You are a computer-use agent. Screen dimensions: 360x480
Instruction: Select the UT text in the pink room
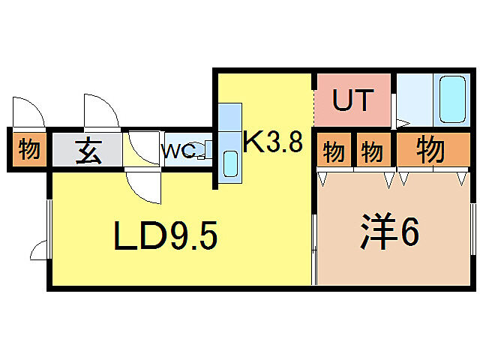pos(352,100)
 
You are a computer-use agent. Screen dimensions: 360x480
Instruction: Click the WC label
pos(179,151)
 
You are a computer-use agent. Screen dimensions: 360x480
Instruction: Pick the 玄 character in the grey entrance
pos(88,151)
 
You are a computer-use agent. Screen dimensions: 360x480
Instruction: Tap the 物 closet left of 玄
pos(29,148)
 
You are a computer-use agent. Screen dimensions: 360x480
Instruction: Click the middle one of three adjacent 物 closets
pos(370,151)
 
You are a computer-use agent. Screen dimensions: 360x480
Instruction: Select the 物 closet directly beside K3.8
pos(333,151)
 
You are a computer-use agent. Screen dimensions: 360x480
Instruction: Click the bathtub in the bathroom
pos(451,99)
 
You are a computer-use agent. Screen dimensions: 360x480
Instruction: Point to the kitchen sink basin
pos(230,163)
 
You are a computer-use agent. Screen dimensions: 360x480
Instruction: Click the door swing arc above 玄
pos(102,112)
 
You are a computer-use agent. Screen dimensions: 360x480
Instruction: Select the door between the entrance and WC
pos(143,147)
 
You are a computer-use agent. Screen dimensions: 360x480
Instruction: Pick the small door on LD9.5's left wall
pos(40,250)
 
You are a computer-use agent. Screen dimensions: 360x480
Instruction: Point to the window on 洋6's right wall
pos(472,229)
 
